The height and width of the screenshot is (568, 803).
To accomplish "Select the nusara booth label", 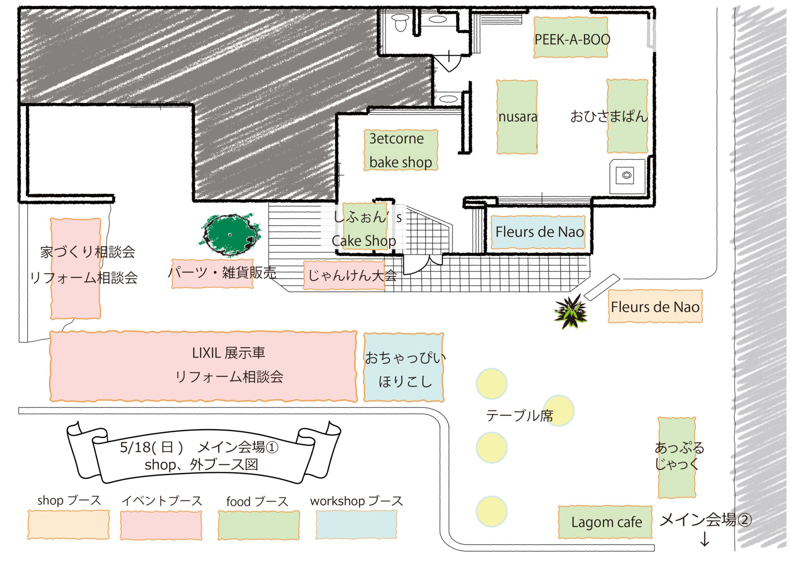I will pos(517,117).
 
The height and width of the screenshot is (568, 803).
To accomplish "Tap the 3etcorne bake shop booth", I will pos(401,150).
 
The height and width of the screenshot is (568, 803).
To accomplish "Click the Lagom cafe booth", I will pos(605,522).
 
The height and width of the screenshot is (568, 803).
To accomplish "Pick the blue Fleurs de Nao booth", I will pos(538,232).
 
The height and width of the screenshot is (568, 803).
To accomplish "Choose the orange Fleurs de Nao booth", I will pos(655,307).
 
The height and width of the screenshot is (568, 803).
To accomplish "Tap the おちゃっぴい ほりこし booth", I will pos(404,368).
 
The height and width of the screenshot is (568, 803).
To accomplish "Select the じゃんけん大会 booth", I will pos(344,275).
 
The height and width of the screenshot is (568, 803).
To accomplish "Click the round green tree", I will pos(230,234).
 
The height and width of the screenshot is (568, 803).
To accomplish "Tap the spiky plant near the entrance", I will pos(570,312).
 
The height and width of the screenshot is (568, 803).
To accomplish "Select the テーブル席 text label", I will pos(519,416).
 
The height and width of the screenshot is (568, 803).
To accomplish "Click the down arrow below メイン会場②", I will pos(705,539).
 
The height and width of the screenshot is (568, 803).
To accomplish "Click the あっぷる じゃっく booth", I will pos(677,457).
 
